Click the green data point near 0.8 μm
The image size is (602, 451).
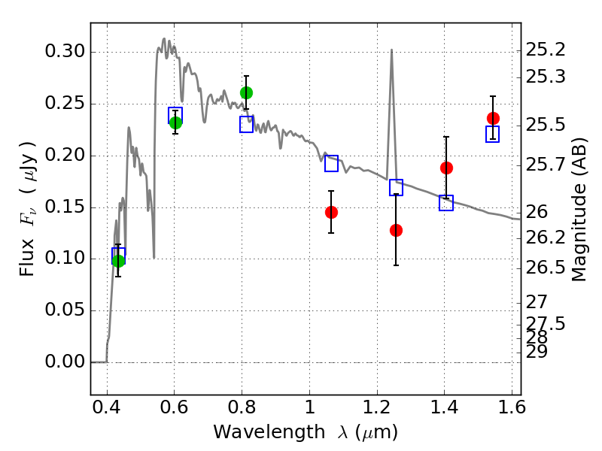click(246, 92)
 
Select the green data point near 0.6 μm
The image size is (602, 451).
click(175, 123)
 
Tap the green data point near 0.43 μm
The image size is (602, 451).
click(118, 261)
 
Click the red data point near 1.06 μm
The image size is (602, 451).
click(331, 212)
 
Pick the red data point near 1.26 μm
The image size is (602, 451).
click(396, 230)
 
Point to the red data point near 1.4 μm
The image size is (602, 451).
click(446, 168)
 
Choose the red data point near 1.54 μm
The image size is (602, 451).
click(493, 118)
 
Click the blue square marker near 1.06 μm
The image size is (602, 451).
click(331, 163)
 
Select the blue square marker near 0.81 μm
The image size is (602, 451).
click(246, 125)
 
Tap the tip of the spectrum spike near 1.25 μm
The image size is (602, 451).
click(391, 50)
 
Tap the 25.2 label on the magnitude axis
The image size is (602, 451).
click(545, 50)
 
